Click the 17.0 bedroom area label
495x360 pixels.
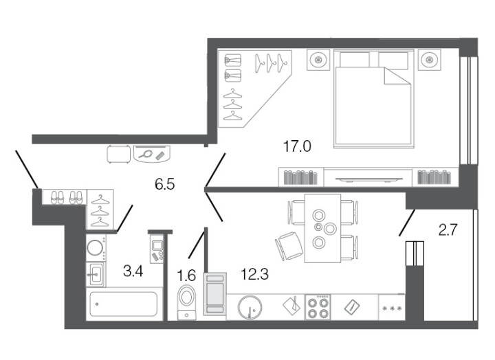tap(297, 146)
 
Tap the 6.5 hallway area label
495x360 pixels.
tap(164, 184)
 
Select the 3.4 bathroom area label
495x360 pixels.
tap(133, 271)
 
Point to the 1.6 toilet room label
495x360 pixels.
tap(186, 275)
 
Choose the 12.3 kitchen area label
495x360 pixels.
tap(254, 274)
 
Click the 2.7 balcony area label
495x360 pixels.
tap(448, 230)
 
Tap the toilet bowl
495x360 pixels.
tap(187, 302)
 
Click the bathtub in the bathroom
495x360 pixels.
tap(124, 304)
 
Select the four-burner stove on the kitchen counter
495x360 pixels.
tap(318, 307)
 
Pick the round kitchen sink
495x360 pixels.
tap(250, 307)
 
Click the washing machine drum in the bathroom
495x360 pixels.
tap(95, 248)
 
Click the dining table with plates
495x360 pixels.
tap(322, 228)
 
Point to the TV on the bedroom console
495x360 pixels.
tap(368, 179)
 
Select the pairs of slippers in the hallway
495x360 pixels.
tap(67, 197)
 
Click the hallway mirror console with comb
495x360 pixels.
tap(151, 154)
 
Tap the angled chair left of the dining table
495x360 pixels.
tap(289, 246)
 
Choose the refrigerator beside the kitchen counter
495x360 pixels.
tap(215, 294)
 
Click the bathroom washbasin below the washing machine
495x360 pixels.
tap(96, 274)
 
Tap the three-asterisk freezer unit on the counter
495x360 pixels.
tap(392, 308)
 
